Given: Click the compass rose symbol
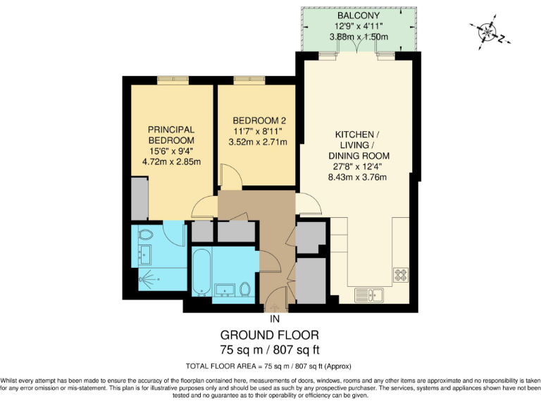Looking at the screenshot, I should (x=487, y=31).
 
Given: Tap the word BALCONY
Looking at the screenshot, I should (x=357, y=15).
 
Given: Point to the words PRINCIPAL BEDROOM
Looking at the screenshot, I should (x=170, y=135).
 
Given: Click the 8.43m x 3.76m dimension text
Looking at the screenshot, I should (x=359, y=177).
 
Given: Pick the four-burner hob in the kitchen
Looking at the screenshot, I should (x=402, y=273).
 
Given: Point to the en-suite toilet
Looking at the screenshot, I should (x=147, y=234).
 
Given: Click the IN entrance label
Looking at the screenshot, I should (x=275, y=319).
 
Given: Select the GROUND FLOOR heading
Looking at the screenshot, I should (x=270, y=335).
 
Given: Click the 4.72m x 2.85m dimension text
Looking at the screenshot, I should (x=170, y=161).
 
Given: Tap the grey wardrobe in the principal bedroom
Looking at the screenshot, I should (x=139, y=199).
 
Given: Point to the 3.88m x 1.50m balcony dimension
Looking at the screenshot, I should (x=357, y=37).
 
